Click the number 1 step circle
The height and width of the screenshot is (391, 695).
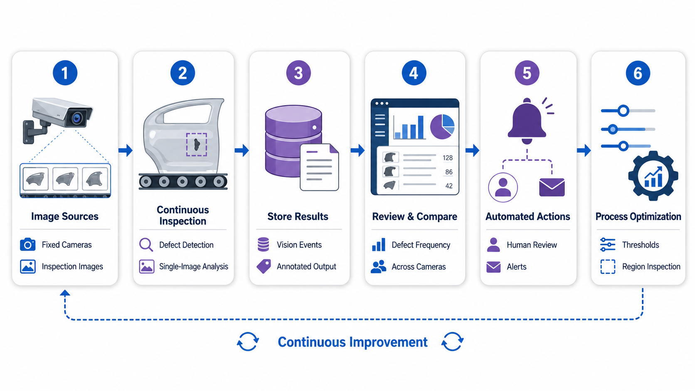coord(65,73)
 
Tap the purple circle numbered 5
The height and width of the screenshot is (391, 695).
coord(527,73)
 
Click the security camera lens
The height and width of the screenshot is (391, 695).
coord(76,118)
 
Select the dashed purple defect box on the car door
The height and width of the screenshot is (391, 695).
coord(196,145)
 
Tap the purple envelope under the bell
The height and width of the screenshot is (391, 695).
coord(552,187)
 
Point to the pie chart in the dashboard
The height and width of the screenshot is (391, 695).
coord(442,126)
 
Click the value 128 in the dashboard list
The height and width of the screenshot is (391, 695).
coord(448,158)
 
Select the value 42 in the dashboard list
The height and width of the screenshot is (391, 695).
coord(449,186)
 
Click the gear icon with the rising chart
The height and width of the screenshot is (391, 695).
coord(653,176)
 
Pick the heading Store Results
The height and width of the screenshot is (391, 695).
coord(298,216)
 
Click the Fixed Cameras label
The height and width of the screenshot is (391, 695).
coord(67,245)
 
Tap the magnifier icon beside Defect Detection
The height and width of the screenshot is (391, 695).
coord(146,245)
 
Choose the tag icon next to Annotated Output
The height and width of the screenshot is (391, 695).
coord(264,266)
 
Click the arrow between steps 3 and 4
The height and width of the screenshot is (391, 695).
coord(357,150)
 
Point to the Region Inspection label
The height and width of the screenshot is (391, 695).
coord(651,266)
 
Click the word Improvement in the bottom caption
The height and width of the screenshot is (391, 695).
coord(389,342)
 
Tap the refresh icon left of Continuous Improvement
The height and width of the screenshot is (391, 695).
coord(248,342)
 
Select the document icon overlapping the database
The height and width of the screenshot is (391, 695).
coord(319,167)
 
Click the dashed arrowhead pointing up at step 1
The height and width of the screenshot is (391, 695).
coord(65,293)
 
